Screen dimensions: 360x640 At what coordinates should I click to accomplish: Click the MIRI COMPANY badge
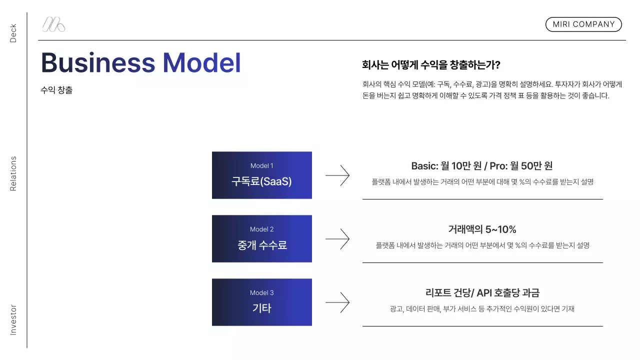(x=583, y=24)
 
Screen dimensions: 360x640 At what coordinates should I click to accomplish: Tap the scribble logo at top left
(x=53, y=24)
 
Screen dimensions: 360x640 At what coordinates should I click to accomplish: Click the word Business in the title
(x=98, y=63)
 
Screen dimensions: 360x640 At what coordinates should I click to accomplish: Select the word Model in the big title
(x=201, y=63)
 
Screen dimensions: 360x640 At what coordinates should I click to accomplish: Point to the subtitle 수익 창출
(x=56, y=90)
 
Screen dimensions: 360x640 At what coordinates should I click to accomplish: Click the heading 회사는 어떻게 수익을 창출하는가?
(x=431, y=65)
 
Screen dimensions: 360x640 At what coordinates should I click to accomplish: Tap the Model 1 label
(x=261, y=165)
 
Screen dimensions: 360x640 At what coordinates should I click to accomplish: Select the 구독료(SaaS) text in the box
(x=261, y=181)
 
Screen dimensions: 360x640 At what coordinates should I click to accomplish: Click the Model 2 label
(x=261, y=229)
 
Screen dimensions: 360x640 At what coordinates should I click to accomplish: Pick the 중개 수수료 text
(x=261, y=245)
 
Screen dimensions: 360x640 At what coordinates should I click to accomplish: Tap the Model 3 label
(x=261, y=292)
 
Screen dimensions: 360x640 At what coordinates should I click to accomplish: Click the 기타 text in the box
(x=261, y=308)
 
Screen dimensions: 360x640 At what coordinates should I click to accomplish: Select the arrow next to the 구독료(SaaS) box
(x=337, y=175)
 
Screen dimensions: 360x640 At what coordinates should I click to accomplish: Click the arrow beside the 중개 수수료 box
(x=337, y=239)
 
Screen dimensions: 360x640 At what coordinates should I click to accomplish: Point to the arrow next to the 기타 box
(x=337, y=302)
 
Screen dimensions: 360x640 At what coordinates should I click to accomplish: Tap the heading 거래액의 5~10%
(x=482, y=229)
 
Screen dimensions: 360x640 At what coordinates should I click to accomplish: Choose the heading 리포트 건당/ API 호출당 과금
(x=482, y=293)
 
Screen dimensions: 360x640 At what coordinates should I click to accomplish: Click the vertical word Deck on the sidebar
(x=13, y=33)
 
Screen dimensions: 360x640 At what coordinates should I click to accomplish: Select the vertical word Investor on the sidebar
(x=13, y=319)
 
